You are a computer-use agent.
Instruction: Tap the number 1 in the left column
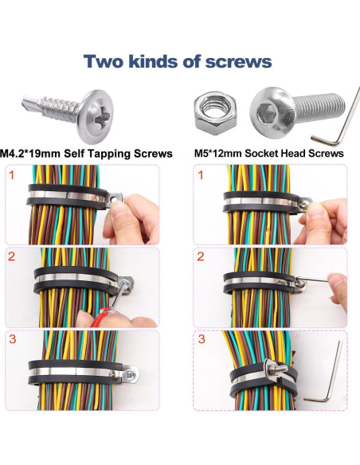point(11,174)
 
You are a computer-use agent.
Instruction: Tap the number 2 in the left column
point(11,256)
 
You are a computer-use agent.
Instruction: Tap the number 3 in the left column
point(11,338)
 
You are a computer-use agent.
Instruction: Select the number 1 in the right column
point(201,174)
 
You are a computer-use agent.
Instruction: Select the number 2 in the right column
point(201,256)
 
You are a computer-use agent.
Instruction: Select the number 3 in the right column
point(201,338)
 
